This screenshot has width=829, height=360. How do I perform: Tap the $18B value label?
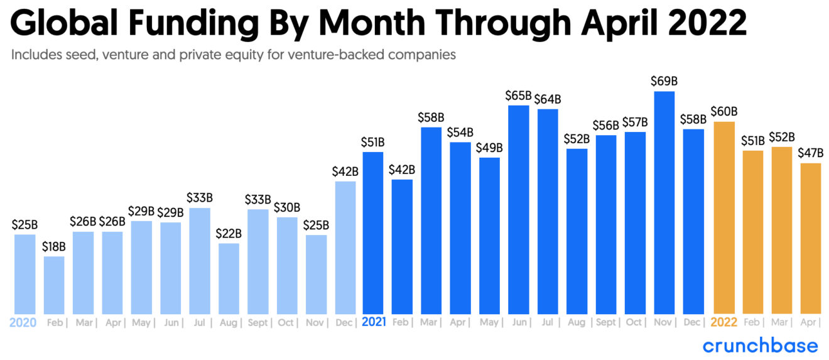coord(54,246)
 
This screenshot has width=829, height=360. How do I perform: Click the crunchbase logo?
coord(760,346)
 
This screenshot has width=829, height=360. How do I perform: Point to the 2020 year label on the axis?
coord(23,323)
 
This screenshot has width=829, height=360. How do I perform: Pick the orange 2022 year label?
coord(723,323)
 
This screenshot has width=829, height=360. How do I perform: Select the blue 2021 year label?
coord(374,323)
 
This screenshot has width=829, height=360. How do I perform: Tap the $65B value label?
coord(518,95)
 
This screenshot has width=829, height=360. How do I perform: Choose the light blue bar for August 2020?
coord(229,278)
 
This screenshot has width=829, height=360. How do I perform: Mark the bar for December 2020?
coord(345,248)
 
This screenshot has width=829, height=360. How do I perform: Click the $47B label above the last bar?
coord(810,153)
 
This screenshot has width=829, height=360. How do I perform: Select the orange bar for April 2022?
coord(811,238)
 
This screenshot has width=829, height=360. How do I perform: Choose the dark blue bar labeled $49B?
coord(490,236)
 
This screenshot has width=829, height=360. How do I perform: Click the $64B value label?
coord(548,99)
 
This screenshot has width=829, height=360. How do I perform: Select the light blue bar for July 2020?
coord(200,261)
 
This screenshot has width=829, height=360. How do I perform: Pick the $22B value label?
coord(229,233)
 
